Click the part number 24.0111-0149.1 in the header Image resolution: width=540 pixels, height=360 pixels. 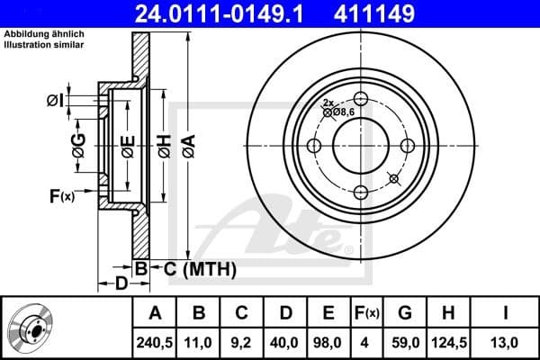(231, 13)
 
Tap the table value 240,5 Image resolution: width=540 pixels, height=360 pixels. (156, 342)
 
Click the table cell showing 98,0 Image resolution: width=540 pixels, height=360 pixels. (328, 342)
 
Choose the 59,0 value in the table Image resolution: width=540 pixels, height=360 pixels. (405, 342)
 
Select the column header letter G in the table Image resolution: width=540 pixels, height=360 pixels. (405, 313)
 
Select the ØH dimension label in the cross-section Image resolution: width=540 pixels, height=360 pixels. (164, 147)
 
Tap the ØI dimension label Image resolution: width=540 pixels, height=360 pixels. (55, 101)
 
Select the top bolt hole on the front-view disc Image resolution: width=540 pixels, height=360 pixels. (361, 99)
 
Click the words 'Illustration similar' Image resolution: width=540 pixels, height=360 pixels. (45, 42)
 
